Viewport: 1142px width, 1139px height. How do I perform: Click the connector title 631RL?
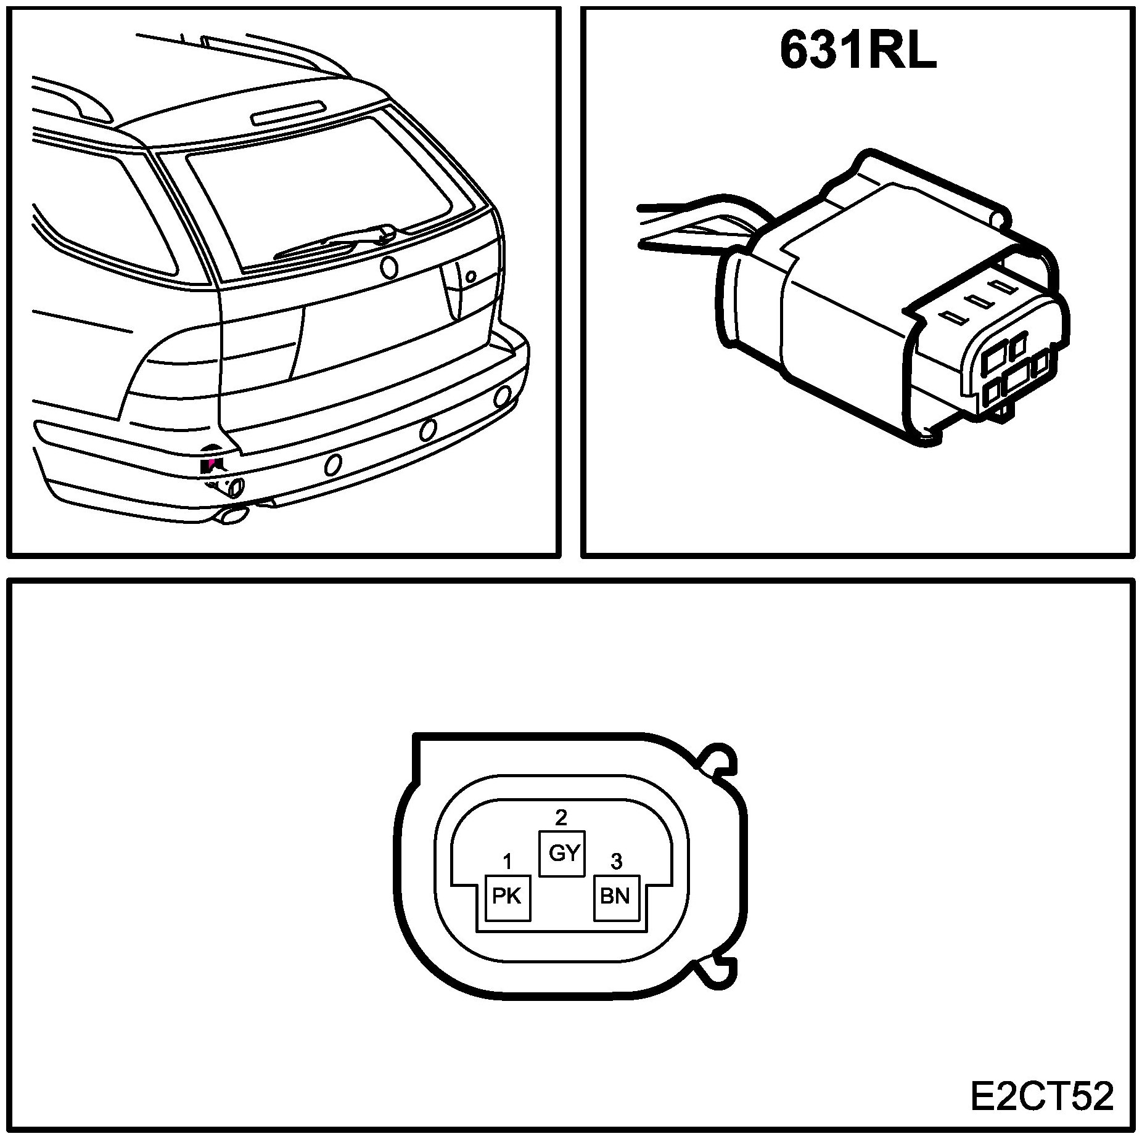tap(858, 51)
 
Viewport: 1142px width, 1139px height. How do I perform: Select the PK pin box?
tap(507, 897)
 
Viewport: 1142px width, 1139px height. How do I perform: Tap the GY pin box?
tap(562, 854)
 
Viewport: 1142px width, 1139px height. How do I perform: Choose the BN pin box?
tap(616, 897)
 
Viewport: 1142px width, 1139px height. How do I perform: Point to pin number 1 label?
tap(507, 860)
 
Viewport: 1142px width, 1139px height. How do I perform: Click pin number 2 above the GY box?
tap(561, 817)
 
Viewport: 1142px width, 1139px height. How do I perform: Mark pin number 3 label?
tap(615, 860)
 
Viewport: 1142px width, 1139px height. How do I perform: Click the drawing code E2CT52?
tap(1041, 1096)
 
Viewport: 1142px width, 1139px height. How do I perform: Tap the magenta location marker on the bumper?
tap(210, 462)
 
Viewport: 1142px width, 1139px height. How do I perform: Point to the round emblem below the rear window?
tap(389, 267)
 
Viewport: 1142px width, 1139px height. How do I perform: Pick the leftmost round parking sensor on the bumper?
tap(333, 465)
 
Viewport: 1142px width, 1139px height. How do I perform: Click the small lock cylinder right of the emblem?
tap(470, 277)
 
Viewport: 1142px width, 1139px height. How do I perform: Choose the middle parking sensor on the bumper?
tap(427, 430)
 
